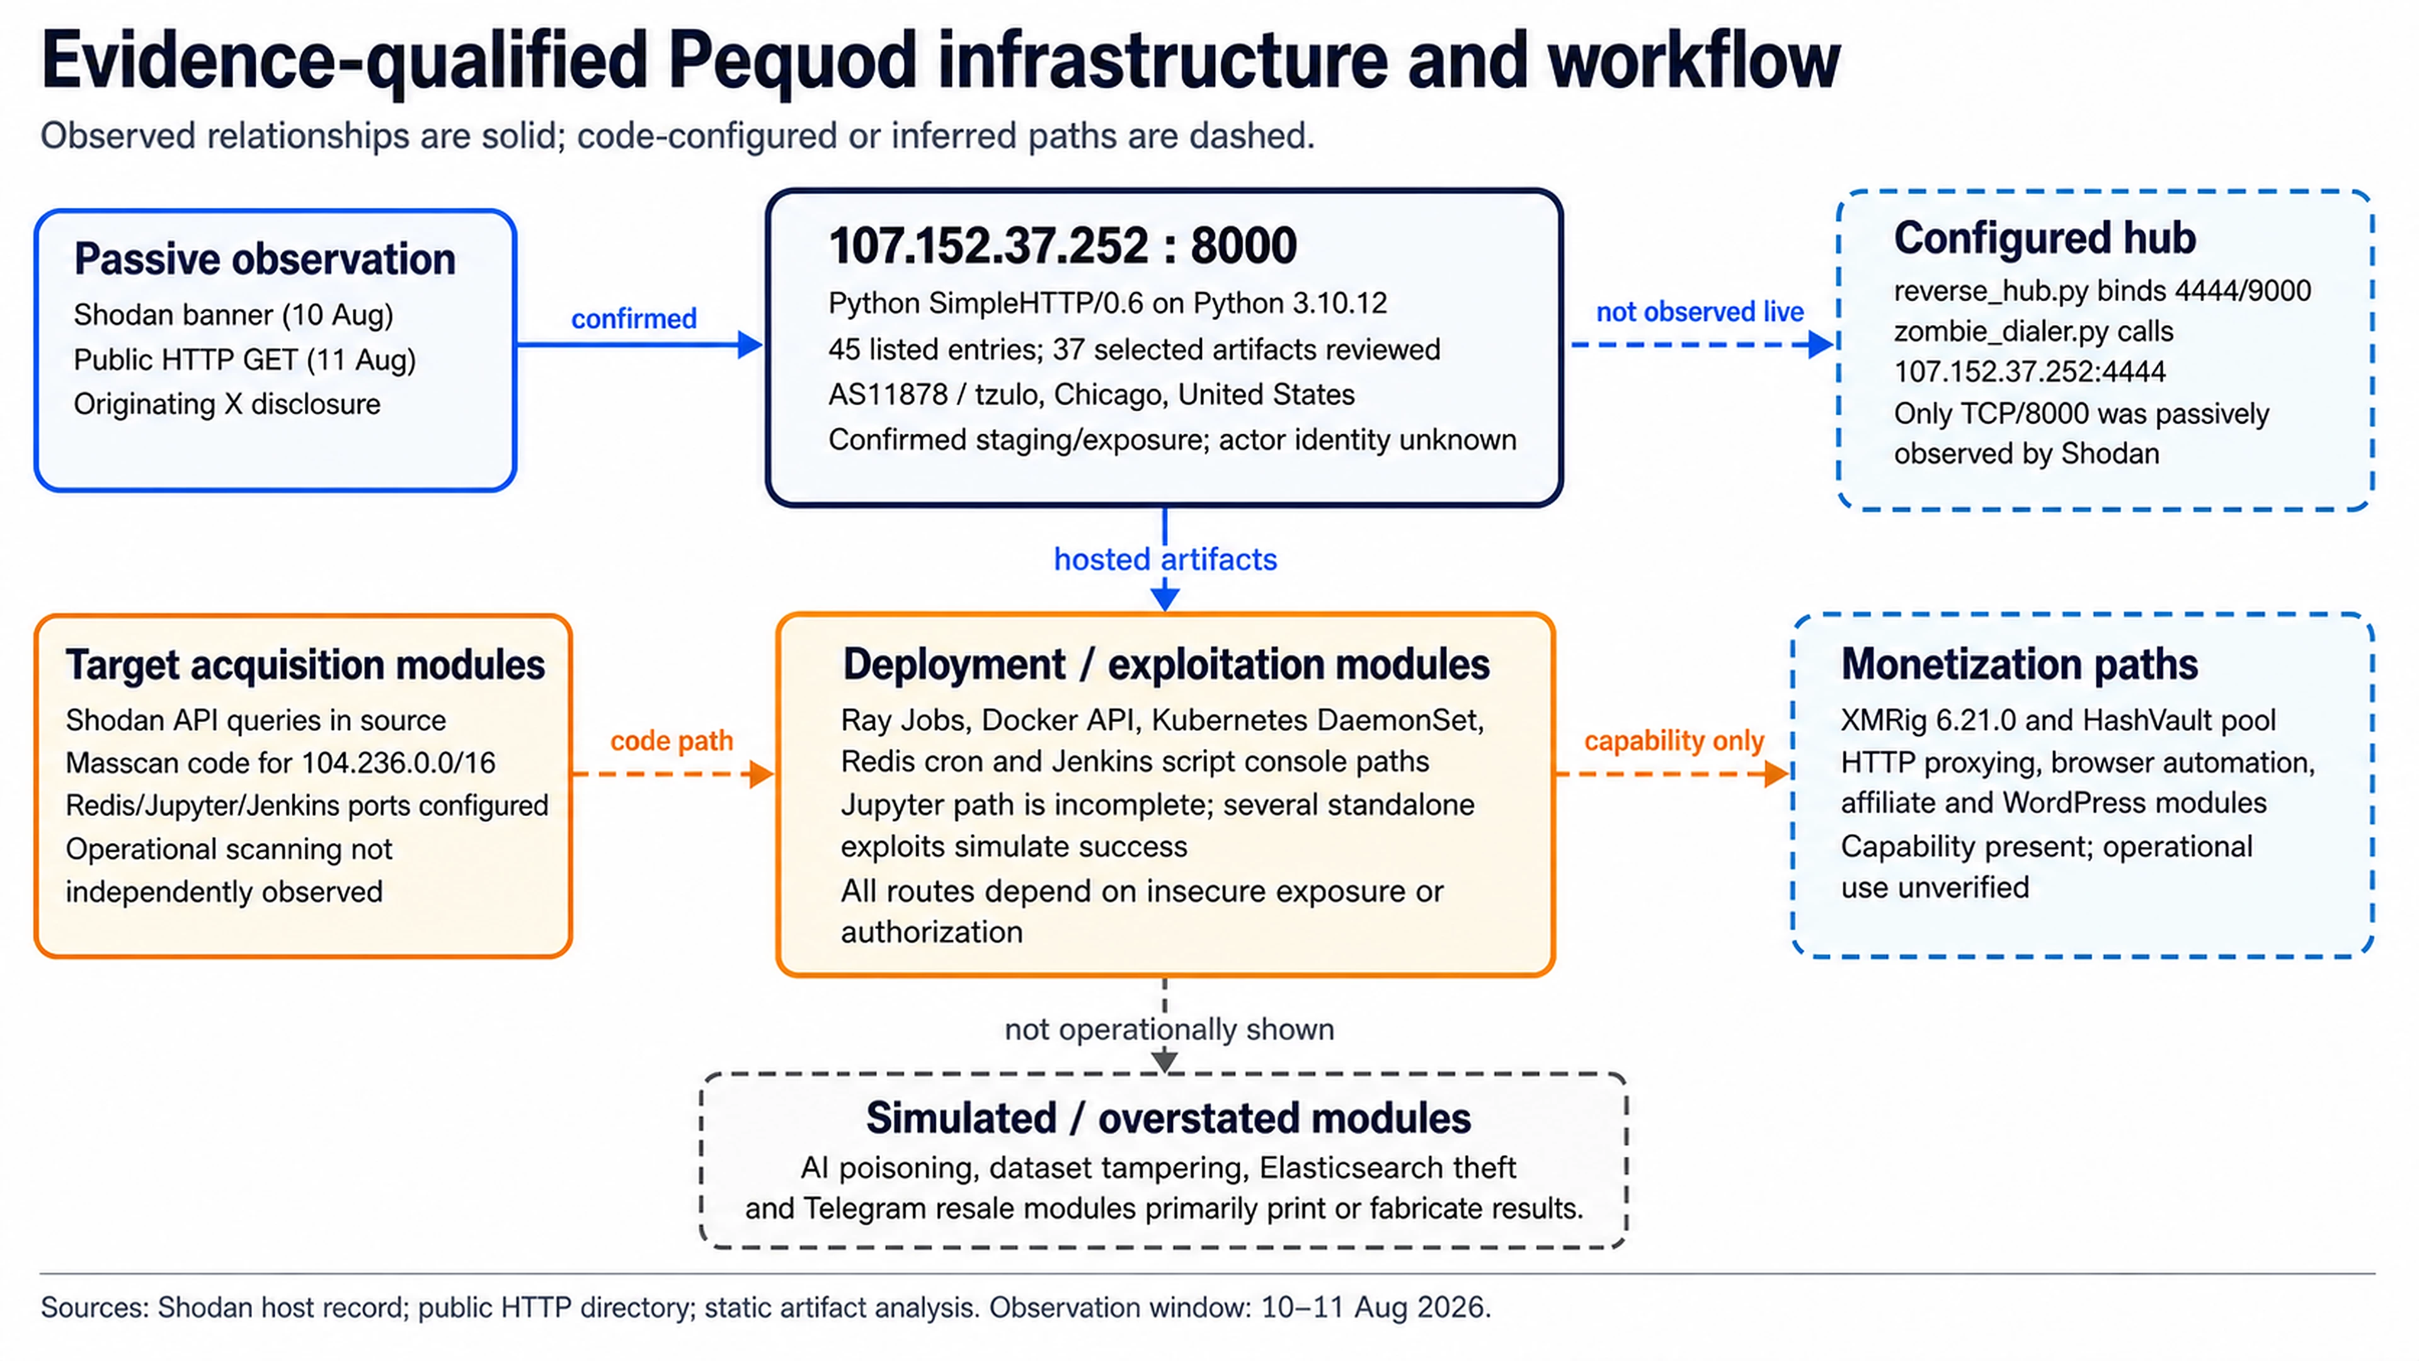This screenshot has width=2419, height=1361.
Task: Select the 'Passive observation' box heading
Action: tap(265, 259)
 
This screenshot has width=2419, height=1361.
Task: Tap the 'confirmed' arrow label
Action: tap(634, 318)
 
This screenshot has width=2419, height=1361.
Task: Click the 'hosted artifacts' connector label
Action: tap(1165, 559)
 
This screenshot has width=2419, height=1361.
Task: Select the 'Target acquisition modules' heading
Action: tap(305, 665)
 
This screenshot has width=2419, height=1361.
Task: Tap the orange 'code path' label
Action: tap(672, 740)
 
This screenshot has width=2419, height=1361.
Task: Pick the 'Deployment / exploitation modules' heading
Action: tap(1165, 664)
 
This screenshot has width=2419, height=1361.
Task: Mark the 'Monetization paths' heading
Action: tap(2019, 664)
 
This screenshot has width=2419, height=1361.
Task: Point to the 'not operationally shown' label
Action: tap(1169, 1030)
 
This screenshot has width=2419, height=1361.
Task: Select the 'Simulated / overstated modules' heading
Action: tap(1168, 1118)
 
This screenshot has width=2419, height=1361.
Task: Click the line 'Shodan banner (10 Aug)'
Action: tap(233, 314)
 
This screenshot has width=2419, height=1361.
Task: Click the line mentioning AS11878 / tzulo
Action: tap(1091, 394)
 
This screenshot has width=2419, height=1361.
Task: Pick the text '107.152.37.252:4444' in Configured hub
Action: tap(2029, 372)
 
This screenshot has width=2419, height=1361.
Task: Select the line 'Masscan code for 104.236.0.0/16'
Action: tap(280, 762)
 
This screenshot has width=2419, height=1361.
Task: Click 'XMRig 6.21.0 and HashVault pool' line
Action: tap(2057, 720)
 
